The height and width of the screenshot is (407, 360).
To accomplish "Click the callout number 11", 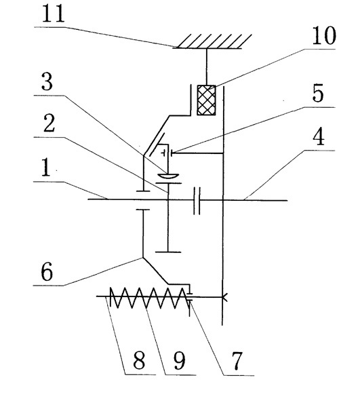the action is pyautogui.click(x=53, y=14).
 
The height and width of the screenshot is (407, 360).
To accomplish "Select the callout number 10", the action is pyautogui.click(x=324, y=35).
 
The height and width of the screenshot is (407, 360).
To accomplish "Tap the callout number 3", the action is pyautogui.click(x=47, y=81).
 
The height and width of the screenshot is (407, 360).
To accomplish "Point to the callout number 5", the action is pyautogui.click(x=318, y=93).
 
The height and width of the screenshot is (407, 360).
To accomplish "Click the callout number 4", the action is pyautogui.click(x=319, y=136).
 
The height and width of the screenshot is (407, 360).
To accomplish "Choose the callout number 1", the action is pyautogui.click(x=46, y=167).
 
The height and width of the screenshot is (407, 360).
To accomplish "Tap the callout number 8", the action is pyautogui.click(x=139, y=360).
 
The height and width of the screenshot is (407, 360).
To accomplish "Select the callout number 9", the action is pyautogui.click(x=180, y=360).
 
